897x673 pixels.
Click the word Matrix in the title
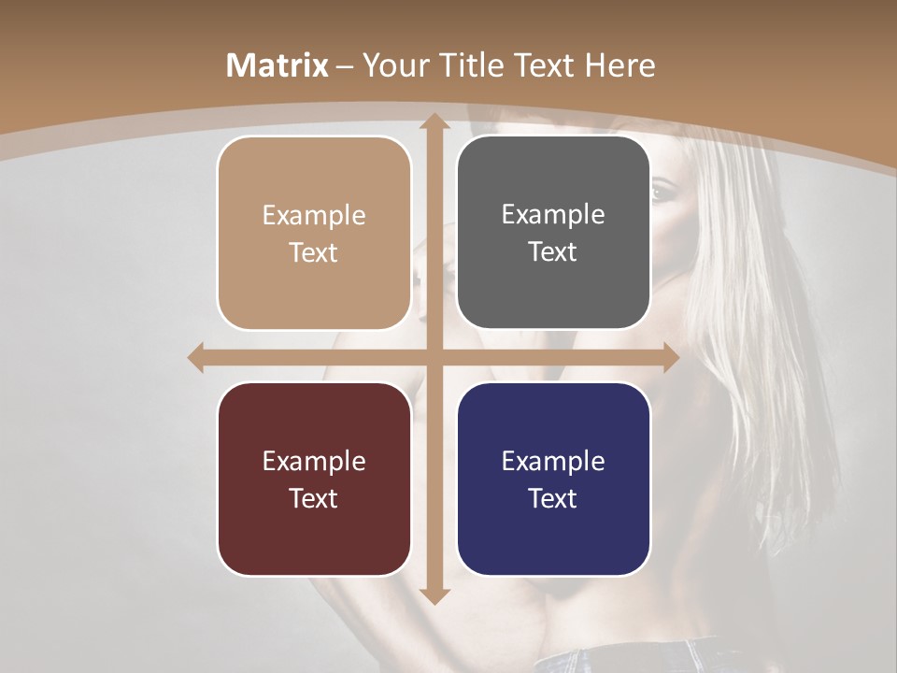click(278, 65)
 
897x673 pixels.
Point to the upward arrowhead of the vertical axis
click(434, 122)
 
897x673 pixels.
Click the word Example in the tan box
click(314, 216)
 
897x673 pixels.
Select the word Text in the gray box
click(553, 251)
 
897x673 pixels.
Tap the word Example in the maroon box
click(314, 461)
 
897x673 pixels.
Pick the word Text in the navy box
click(553, 498)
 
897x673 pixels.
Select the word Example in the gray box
click(553, 215)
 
